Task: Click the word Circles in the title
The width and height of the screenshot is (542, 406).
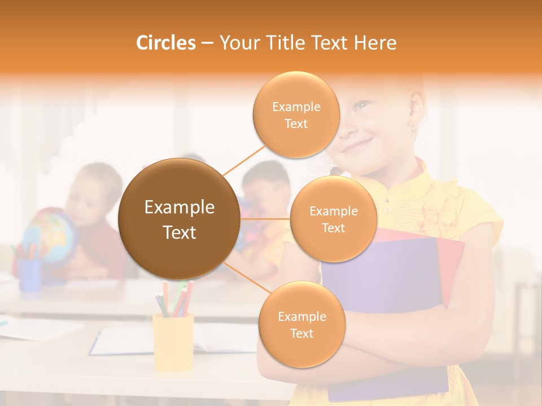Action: [x=165, y=43]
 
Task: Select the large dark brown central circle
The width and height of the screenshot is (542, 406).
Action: [x=179, y=219]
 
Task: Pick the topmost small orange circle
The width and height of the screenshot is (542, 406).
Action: [x=296, y=114]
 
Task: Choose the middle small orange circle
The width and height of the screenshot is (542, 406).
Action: [x=333, y=219]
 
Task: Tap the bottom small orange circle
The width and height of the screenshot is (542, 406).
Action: [x=301, y=324]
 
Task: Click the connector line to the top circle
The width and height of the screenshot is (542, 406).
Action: [x=244, y=160]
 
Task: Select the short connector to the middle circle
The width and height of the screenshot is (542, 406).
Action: [x=265, y=219]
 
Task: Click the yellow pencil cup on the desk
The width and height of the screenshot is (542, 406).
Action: [x=173, y=341]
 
